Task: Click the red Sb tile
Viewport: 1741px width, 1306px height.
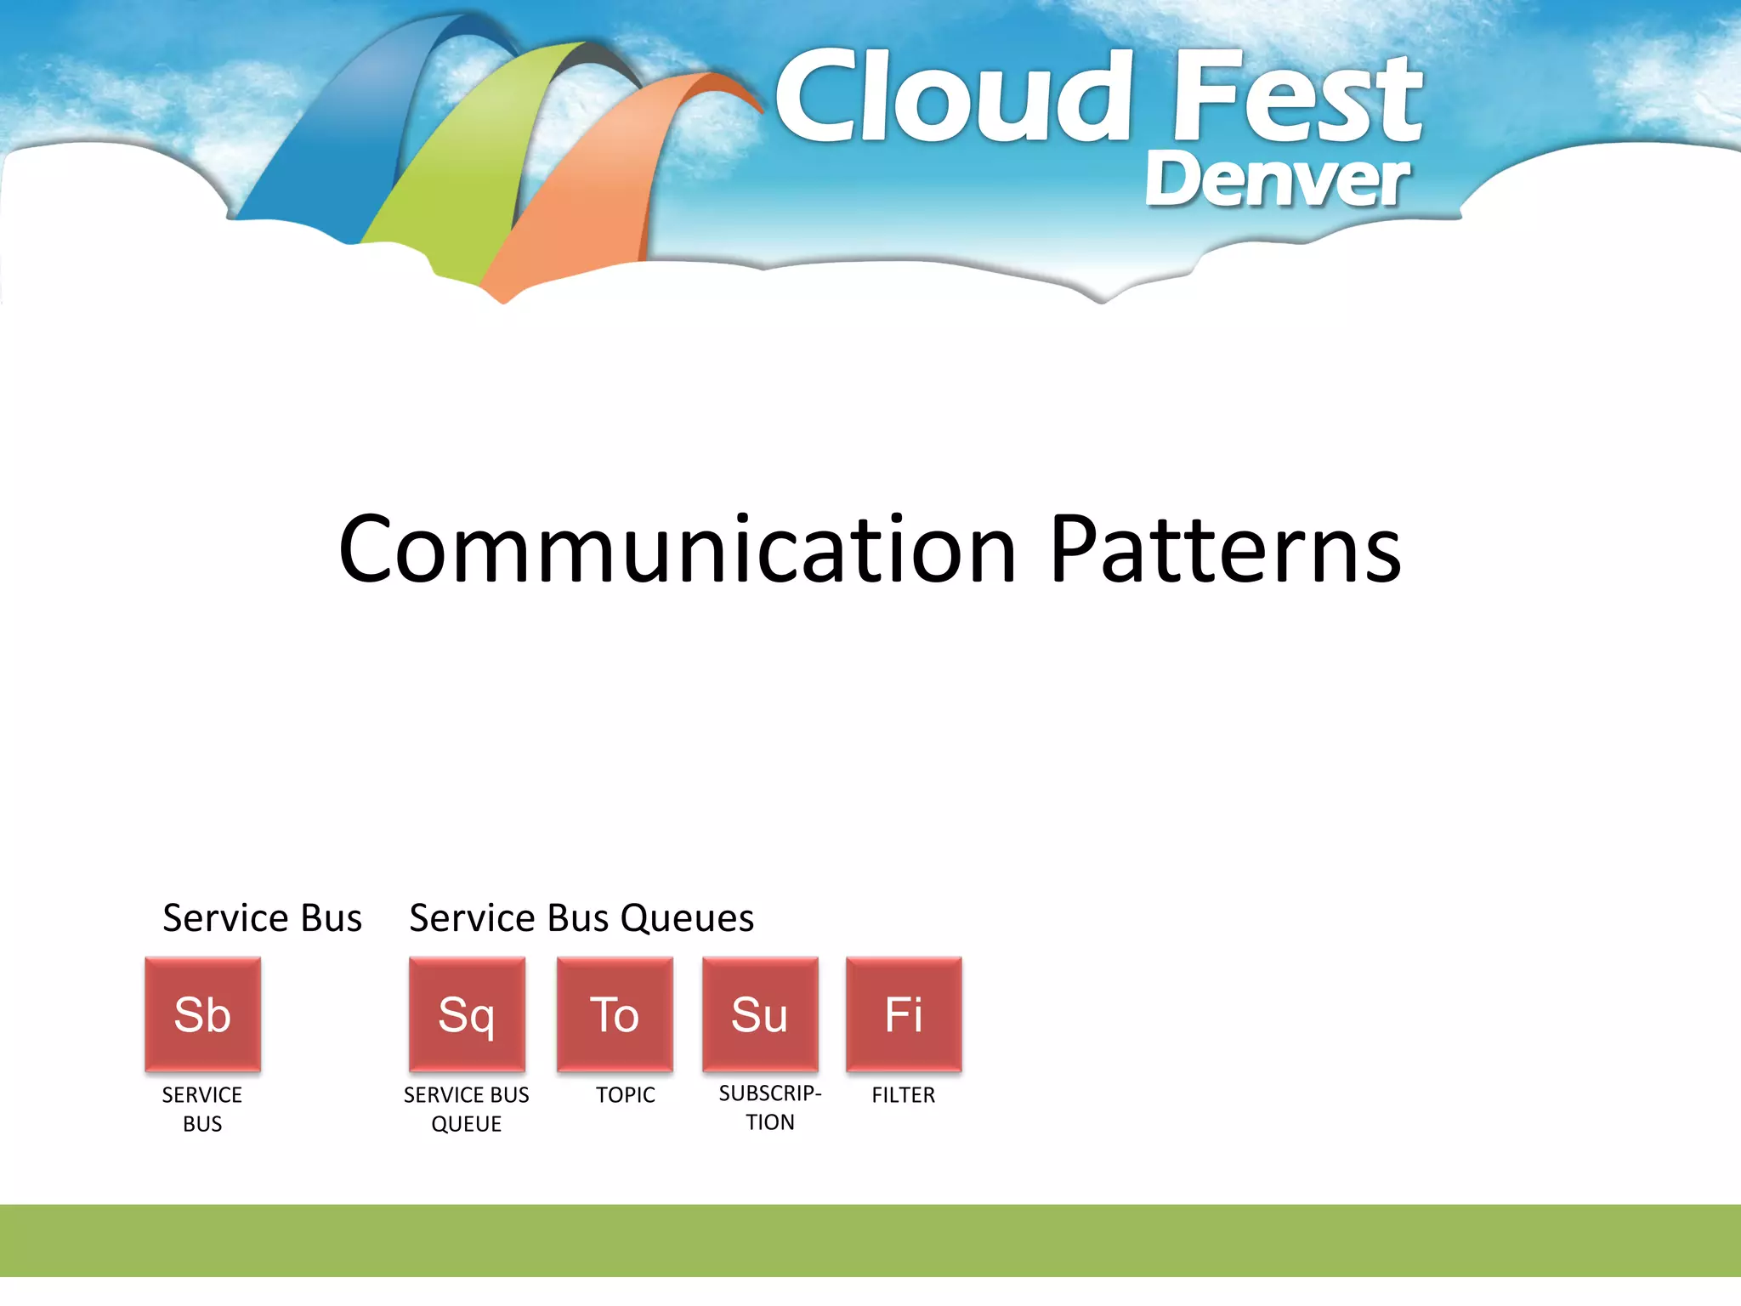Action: pyautogui.click(x=202, y=1014)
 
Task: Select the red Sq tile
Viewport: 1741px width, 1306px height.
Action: pyautogui.click(x=467, y=1014)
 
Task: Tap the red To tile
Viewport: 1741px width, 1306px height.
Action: pyautogui.click(x=615, y=1014)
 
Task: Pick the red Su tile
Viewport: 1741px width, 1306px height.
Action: pyautogui.click(x=760, y=1014)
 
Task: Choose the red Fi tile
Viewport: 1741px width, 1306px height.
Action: pyautogui.click(x=904, y=1014)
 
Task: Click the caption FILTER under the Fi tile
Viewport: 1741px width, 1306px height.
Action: pyautogui.click(x=904, y=1095)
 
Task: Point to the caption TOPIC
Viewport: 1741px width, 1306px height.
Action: pyautogui.click(x=626, y=1095)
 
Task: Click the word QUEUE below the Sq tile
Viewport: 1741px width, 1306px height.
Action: pyautogui.click(x=467, y=1124)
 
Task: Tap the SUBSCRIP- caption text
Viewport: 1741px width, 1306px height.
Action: pyautogui.click(x=770, y=1093)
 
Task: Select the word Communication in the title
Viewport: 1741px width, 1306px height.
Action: pyautogui.click(x=678, y=550)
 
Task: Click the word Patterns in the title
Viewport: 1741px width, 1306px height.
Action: pyautogui.click(x=1225, y=550)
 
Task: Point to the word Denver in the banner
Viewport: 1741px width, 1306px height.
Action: pyautogui.click(x=1277, y=180)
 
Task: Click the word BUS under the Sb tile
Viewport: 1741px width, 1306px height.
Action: pyautogui.click(x=202, y=1124)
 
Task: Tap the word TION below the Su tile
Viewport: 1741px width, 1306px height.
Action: pyautogui.click(x=770, y=1122)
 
